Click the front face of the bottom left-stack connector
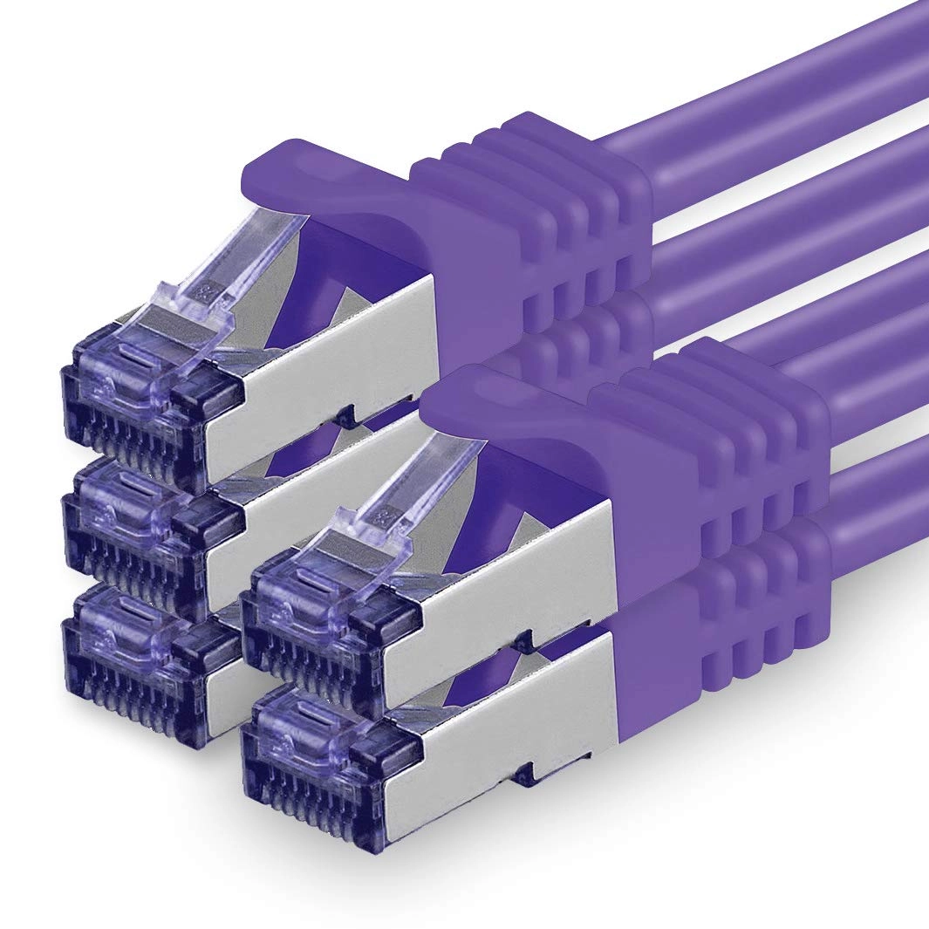140,663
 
